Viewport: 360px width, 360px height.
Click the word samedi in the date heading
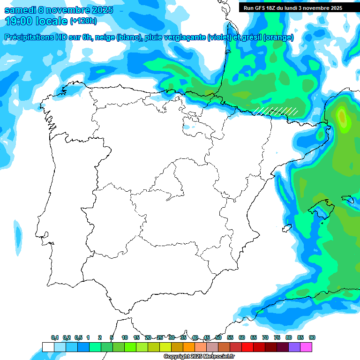tap(21, 10)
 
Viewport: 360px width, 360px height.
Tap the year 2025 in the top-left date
tap(99, 10)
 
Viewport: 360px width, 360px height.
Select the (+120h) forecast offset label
tap(83, 21)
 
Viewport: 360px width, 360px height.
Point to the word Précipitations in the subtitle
tap(29, 37)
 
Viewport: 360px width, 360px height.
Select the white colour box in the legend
tap(48, 347)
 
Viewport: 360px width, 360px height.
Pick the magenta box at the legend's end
tap(306, 347)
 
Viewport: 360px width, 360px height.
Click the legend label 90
tap(312, 337)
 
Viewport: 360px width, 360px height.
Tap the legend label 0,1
tap(55, 337)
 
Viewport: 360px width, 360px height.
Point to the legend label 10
tap(125, 337)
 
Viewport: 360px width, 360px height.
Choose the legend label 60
tap(242, 337)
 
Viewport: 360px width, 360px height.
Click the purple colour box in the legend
tap(294, 347)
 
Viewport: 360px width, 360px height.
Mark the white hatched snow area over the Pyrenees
tap(276, 111)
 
